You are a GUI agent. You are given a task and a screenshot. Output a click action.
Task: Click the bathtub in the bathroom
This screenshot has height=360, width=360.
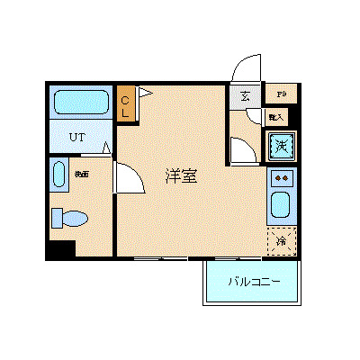79,102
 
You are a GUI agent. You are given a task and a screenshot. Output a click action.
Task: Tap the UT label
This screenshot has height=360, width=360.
79,138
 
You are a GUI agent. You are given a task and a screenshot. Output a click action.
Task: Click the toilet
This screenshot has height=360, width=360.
69,218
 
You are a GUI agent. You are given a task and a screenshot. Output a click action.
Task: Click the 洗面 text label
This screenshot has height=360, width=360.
81,173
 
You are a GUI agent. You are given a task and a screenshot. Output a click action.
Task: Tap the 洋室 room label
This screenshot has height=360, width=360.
181,176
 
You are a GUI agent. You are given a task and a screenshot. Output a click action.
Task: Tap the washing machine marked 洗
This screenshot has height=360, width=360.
281,145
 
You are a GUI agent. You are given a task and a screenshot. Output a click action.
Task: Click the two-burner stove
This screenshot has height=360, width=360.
281,177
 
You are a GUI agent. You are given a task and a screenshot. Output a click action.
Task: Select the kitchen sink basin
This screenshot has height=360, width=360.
281,208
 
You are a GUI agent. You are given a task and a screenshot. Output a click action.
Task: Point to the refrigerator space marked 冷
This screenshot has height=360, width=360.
281,241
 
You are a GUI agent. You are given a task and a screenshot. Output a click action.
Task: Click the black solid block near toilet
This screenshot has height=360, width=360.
61,249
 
